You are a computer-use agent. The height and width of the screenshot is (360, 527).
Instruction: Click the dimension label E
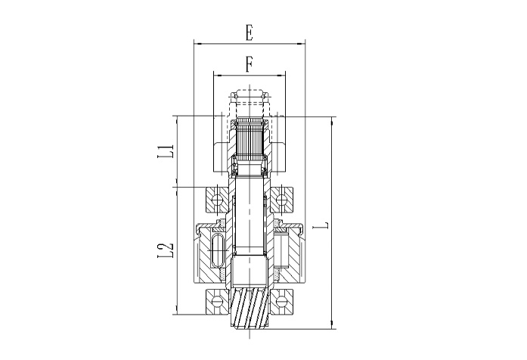click(x=249, y=33)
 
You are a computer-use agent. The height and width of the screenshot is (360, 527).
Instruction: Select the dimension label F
click(x=249, y=64)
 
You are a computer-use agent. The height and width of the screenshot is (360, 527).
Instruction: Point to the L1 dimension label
click(x=166, y=151)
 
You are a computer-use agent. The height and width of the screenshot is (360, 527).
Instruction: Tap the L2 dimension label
click(x=166, y=250)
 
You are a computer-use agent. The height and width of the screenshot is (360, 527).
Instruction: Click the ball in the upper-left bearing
click(x=217, y=200)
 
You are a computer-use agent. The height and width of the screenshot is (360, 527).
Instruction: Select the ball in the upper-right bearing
click(x=281, y=200)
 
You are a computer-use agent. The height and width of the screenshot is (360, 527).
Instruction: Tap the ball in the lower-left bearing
click(x=217, y=302)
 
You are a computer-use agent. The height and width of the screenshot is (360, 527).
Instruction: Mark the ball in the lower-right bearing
click(x=281, y=302)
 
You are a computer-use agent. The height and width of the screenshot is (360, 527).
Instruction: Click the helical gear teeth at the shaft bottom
click(x=249, y=308)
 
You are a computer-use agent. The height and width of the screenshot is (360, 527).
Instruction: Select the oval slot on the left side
click(x=218, y=250)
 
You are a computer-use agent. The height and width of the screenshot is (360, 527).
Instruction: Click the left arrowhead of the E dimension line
click(x=197, y=44)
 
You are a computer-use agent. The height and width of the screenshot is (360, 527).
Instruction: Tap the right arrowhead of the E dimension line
click(x=302, y=44)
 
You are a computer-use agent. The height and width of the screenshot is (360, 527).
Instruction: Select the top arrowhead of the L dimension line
click(x=332, y=120)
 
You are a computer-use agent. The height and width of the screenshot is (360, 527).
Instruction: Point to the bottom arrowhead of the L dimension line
click(x=332, y=324)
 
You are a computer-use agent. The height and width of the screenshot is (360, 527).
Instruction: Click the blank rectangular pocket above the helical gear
click(x=249, y=269)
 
